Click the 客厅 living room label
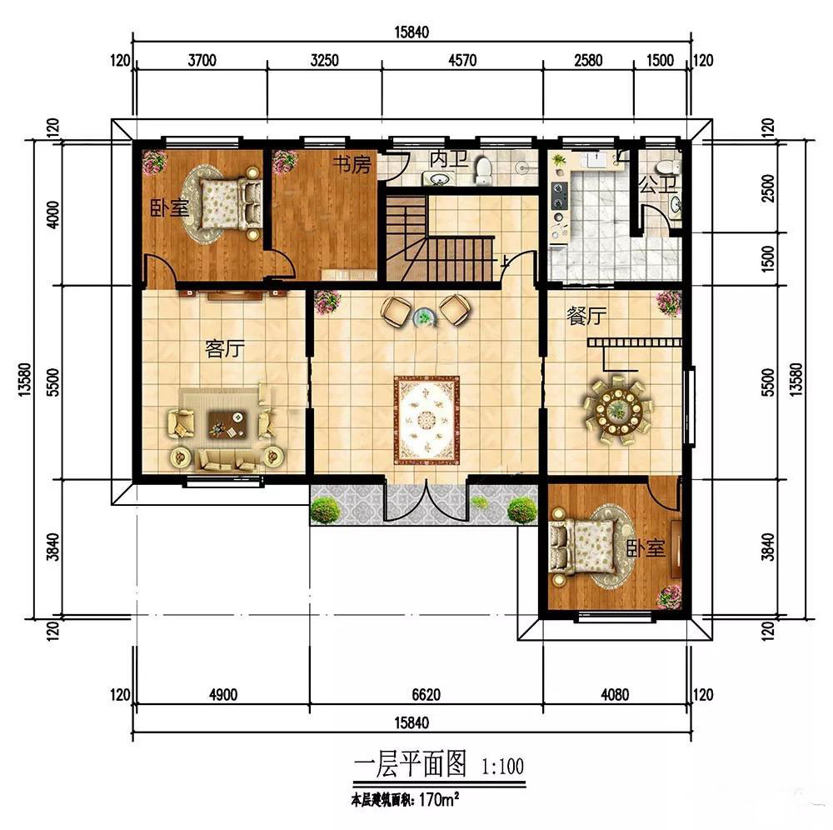pyautogui.click(x=225, y=349)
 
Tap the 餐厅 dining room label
pyautogui.click(x=586, y=317)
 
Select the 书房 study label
pyautogui.click(x=352, y=165)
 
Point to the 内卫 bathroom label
pyautogui.click(x=449, y=158)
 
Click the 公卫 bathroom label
pyautogui.click(x=658, y=185)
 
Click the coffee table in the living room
pyautogui.click(x=228, y=424)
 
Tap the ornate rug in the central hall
pyautogui.click(x=426, y=420)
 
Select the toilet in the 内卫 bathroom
pyautogui.click(x=483, y=170)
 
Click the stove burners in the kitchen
pyautogui.click(x=559, y=196)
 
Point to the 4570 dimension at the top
pyautogui.click(x=462, y=60)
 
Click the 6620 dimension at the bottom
pyautogui.click(x=426, y=694)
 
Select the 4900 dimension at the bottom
pyautogui.click(x=223, y=694)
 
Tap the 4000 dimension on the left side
pyautogui.click(x=53, y=214)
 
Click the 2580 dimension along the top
pyautogui.click(x=588, y=60)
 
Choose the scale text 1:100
pyautogui.click(x=502, y=766)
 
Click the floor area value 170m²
pyautogui.click(x=439, y=799)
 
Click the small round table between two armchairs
pyautogui.click(x=425, y=318)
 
